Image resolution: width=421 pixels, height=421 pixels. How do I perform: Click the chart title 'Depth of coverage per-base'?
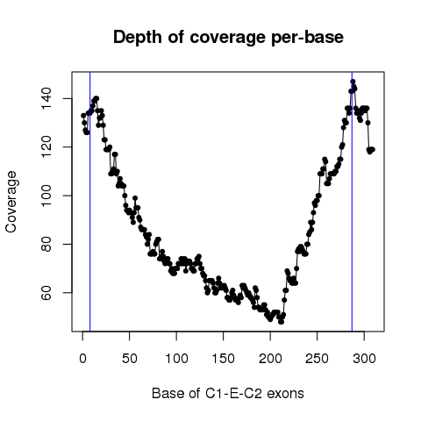tap(228, 38)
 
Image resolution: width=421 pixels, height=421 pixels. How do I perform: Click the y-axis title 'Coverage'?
tap(11, 202)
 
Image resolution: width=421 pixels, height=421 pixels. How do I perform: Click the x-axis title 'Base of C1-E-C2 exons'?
tap(228, 394)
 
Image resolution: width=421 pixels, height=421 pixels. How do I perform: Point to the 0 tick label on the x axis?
tap(82, 359)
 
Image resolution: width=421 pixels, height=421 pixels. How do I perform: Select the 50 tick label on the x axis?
tap(130, 359)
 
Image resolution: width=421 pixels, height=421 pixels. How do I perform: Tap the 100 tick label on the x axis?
tap(176, 359)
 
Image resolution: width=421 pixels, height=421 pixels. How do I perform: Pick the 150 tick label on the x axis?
tap(224, 359)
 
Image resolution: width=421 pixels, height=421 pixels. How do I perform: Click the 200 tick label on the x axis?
tap(270, 359)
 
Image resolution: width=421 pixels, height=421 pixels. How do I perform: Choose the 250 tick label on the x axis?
tap(318, 359)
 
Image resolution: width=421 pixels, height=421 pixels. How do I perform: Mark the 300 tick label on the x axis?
tap(364, 359)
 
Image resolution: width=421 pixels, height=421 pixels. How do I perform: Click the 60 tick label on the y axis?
tap(46, 293)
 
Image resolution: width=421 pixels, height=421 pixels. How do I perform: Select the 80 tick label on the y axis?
tap(46, 244)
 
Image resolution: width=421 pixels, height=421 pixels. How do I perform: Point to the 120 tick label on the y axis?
tap(46, 147)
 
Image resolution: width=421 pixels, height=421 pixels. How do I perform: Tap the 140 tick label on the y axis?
tap(46, 98)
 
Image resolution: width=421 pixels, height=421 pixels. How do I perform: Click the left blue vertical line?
tap(90, 202)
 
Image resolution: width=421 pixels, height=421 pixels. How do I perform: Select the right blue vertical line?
tap(352, 202)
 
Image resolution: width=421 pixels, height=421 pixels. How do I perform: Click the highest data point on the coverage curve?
tap(353, 82)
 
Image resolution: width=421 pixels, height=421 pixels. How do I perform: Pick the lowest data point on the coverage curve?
tap(281, 322)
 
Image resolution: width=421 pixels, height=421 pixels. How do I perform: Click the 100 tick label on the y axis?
tap(46, 196)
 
